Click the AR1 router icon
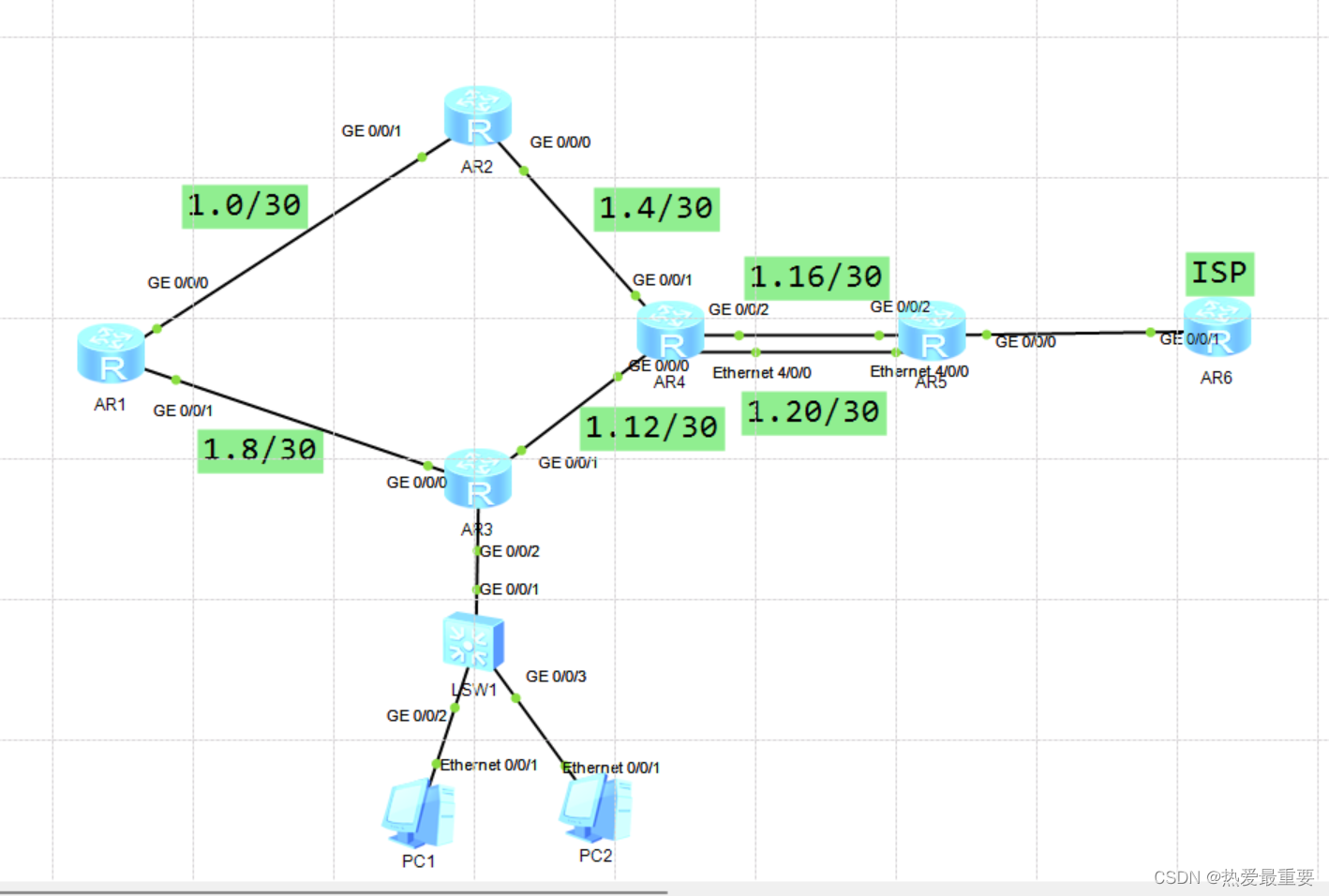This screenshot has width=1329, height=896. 111,353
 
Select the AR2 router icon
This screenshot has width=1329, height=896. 477,115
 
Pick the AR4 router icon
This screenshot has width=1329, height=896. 670,331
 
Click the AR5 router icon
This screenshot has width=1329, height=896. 932,331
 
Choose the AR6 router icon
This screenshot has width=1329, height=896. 1217,327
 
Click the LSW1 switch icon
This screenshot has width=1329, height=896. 473,642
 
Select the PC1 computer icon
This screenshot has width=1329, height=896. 418,813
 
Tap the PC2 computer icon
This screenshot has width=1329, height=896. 595,808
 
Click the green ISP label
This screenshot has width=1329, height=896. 1219,274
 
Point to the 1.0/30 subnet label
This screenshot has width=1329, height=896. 245,206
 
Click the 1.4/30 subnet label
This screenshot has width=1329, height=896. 656,209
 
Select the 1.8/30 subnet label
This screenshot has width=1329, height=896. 261,451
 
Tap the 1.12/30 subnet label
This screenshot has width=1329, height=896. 652,428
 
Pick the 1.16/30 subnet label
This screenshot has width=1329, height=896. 816,278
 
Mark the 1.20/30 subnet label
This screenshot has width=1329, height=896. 814,413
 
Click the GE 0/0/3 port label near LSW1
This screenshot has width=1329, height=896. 556,677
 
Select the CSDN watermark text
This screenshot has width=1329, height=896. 1233,877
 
